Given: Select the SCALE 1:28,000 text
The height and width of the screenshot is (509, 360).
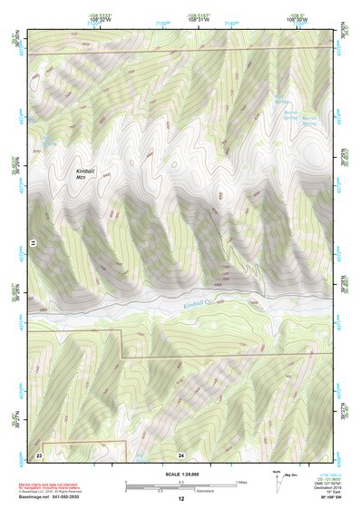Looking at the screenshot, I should pyautogui.click(x=180, y=475).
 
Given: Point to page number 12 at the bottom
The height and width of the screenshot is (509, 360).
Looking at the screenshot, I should pyautogui.click(x=180, y=499).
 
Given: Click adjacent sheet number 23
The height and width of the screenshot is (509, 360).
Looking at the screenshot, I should pyautogui.click(x=40, y=453).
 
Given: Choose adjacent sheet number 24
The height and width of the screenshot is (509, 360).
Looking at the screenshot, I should pyautogui.click(x=180, y=453).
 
